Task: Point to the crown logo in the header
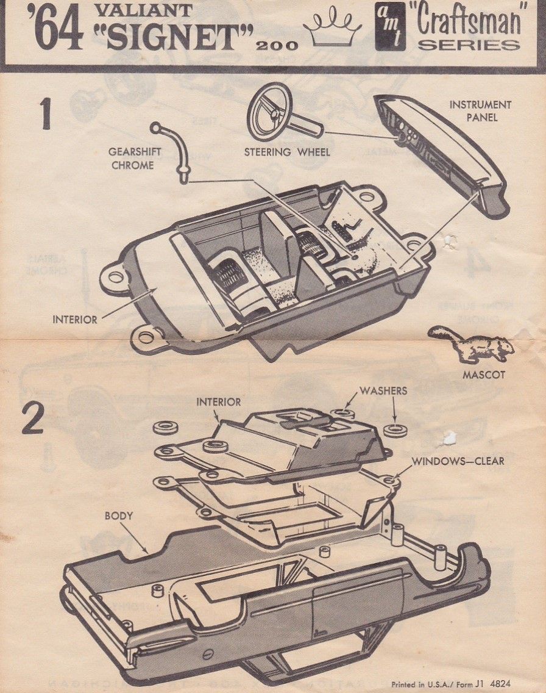click(332, 31)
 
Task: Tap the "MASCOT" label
click(483, 375)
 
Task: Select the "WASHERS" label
click(383, 390)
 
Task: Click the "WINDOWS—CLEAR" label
click(458, 461)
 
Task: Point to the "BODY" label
click(118, 515)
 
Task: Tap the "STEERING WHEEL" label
click(287, 152)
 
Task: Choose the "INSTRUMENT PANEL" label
click(480, 111)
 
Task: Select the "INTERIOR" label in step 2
click(218, 402)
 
